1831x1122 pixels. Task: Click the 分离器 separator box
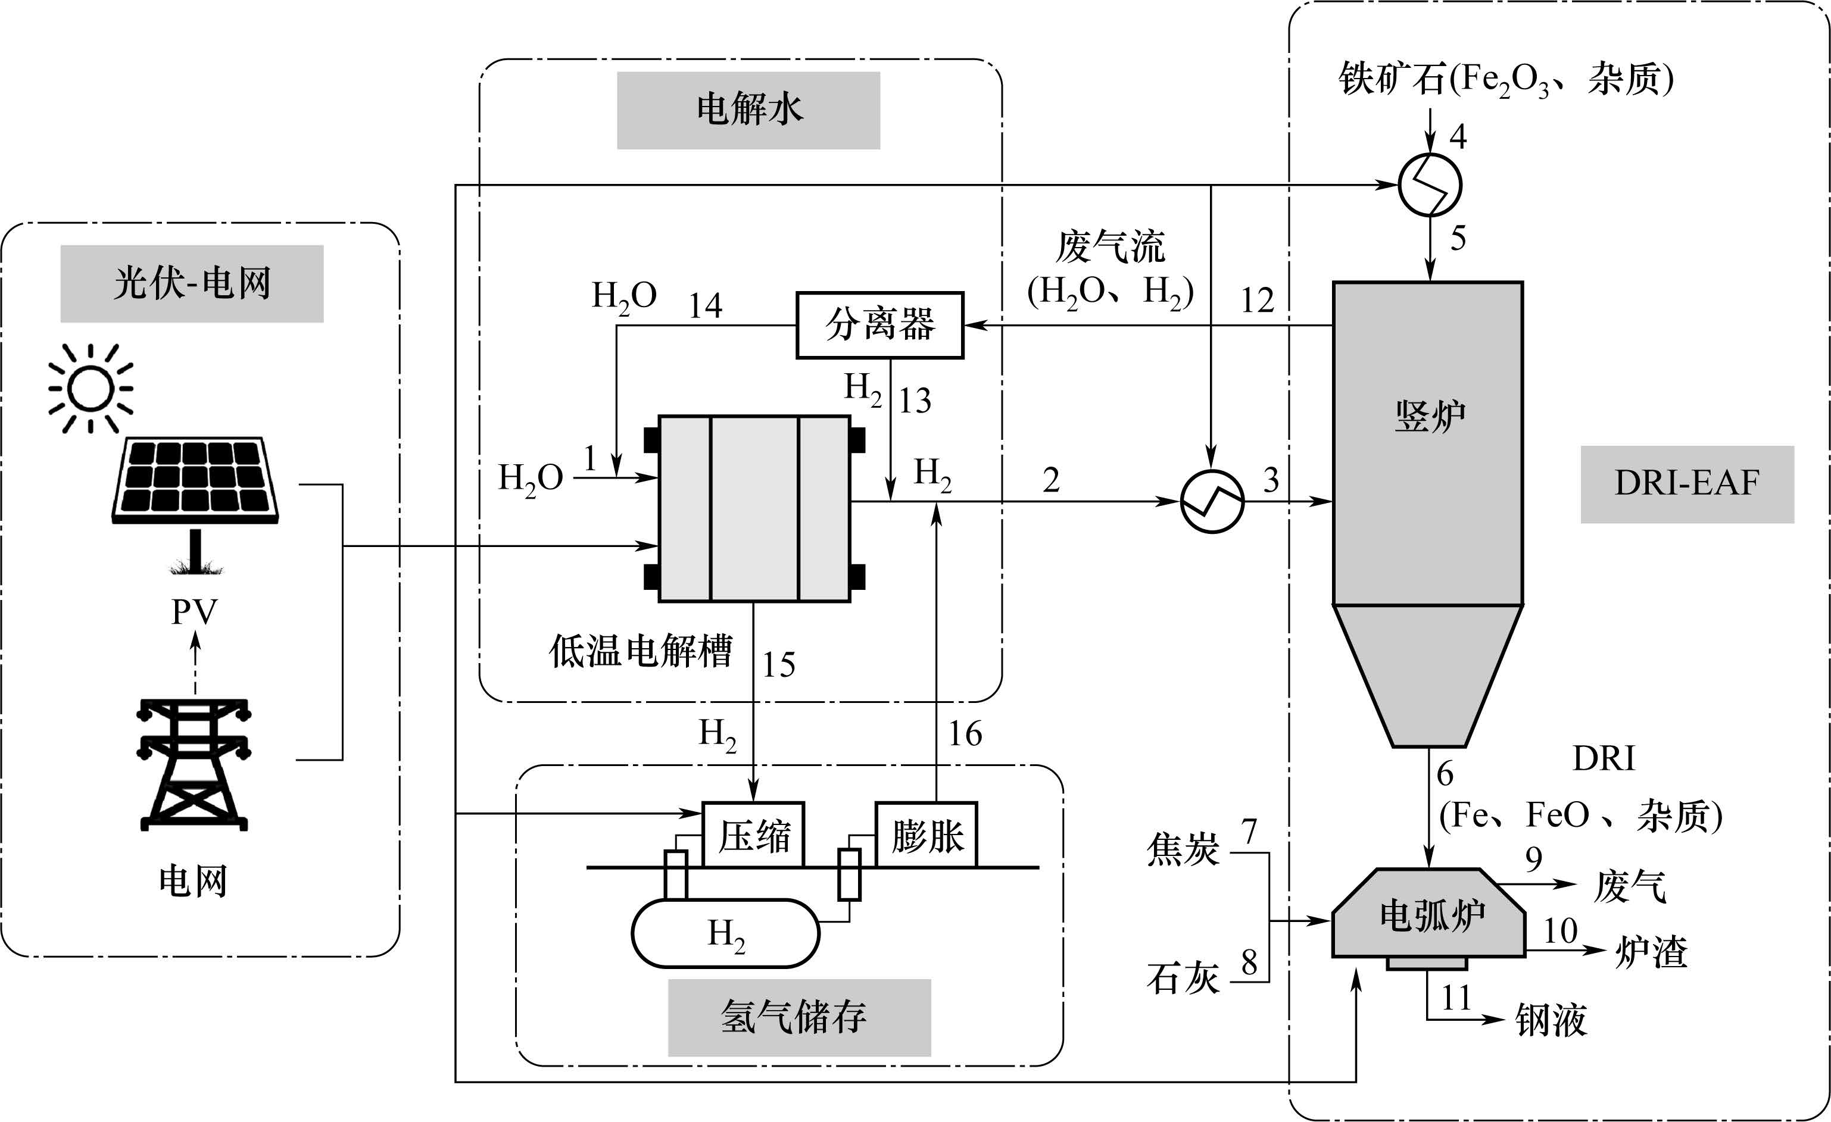880,326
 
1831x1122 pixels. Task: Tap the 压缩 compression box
753,835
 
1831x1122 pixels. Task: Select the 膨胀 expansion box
927,835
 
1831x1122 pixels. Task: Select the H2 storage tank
725,934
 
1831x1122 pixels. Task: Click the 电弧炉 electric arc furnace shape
1429,914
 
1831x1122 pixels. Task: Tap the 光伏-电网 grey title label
192,284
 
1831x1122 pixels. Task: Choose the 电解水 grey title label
748,110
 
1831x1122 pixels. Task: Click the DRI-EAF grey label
1687,484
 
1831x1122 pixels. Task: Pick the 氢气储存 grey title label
799,1017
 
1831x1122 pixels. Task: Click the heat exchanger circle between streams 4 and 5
1430,185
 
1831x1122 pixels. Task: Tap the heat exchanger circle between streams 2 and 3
1212,502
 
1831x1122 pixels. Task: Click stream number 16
965,734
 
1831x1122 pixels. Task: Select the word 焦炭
1183,849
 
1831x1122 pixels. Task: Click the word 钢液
1552,1020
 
